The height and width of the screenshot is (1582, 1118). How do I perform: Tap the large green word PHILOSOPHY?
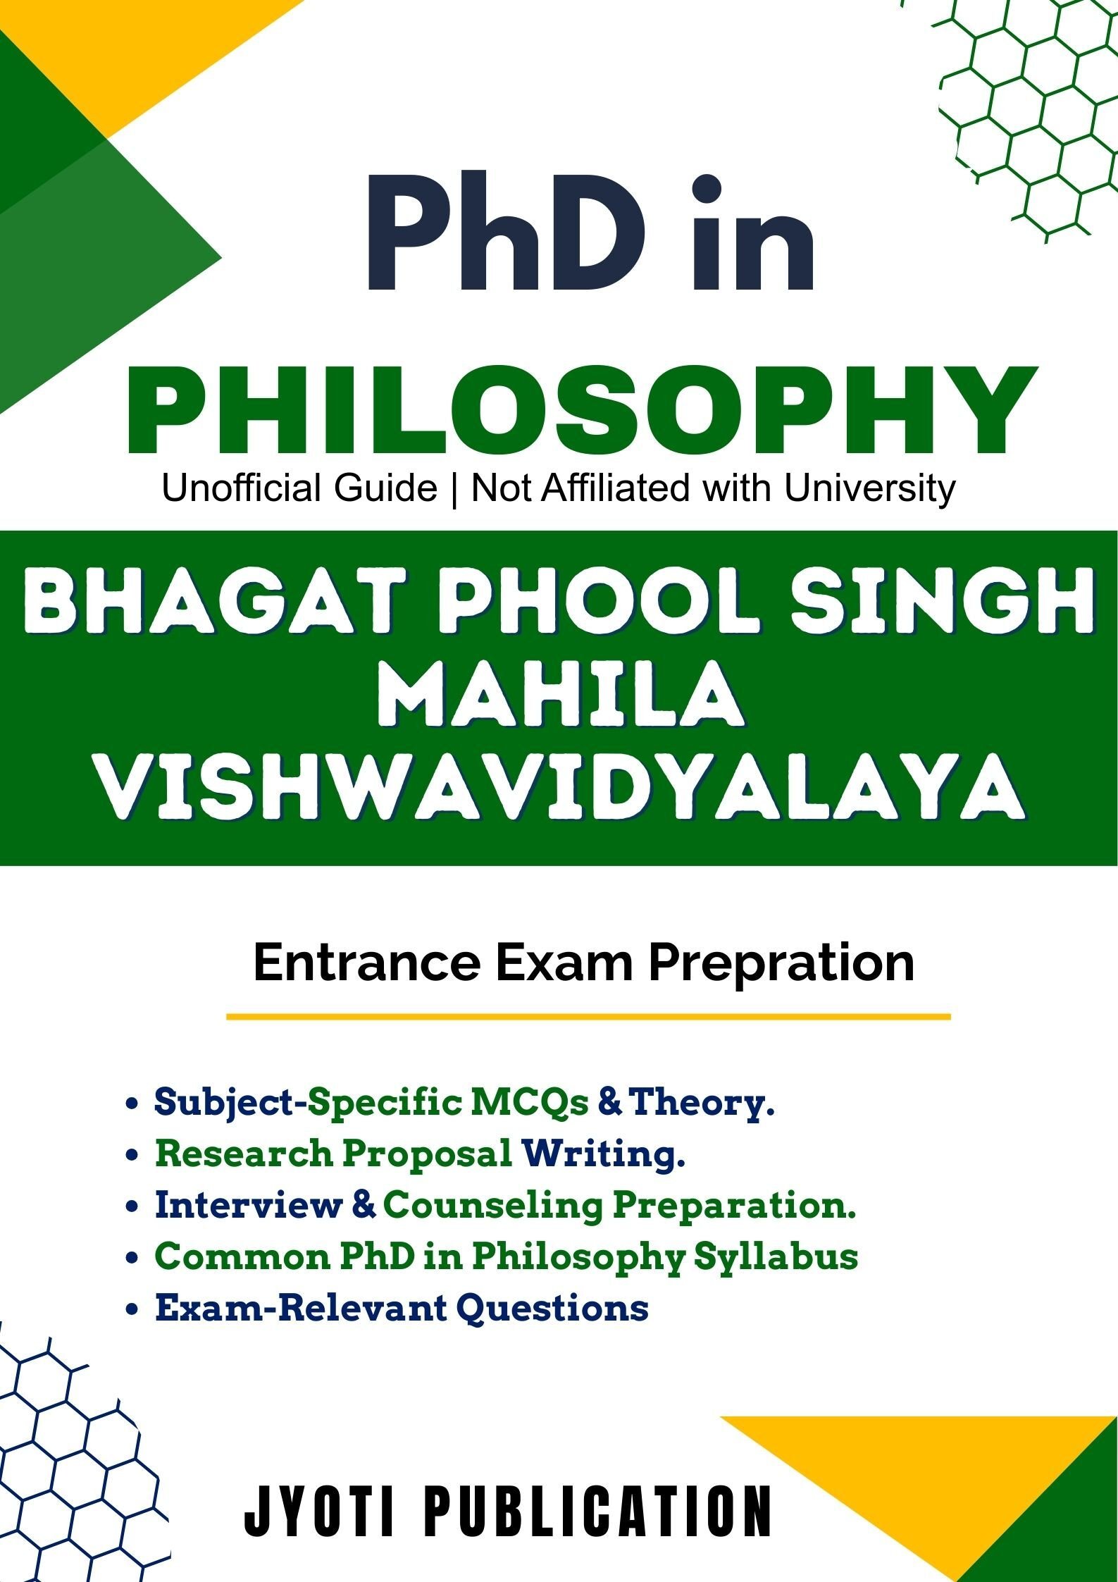582,411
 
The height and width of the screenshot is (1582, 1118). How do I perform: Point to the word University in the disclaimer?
870,488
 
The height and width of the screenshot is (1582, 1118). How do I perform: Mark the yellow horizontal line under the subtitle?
588,1016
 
